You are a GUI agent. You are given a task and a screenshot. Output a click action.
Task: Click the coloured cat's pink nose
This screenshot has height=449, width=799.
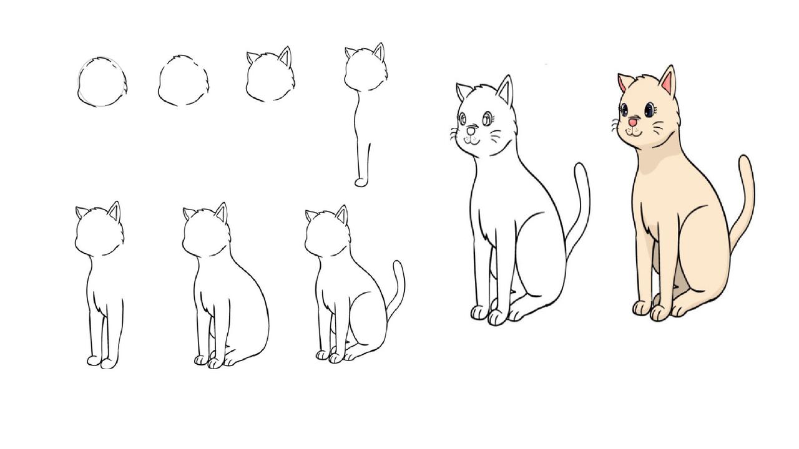tap(633, 122)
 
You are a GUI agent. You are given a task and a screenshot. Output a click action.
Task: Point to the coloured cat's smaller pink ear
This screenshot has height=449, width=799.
tap(623, 82)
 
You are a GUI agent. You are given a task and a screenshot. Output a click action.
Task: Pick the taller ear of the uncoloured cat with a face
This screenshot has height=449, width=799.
tap(504, 90)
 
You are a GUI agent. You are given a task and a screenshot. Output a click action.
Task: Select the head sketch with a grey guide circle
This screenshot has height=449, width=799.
tap(102, 82)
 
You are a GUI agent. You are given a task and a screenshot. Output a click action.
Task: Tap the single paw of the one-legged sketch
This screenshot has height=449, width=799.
tap(361, 182)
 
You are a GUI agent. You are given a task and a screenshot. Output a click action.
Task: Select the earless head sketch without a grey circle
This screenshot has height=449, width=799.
tap(183, 81)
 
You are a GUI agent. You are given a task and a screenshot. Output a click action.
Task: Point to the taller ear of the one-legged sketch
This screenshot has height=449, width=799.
tap(378, 52)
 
